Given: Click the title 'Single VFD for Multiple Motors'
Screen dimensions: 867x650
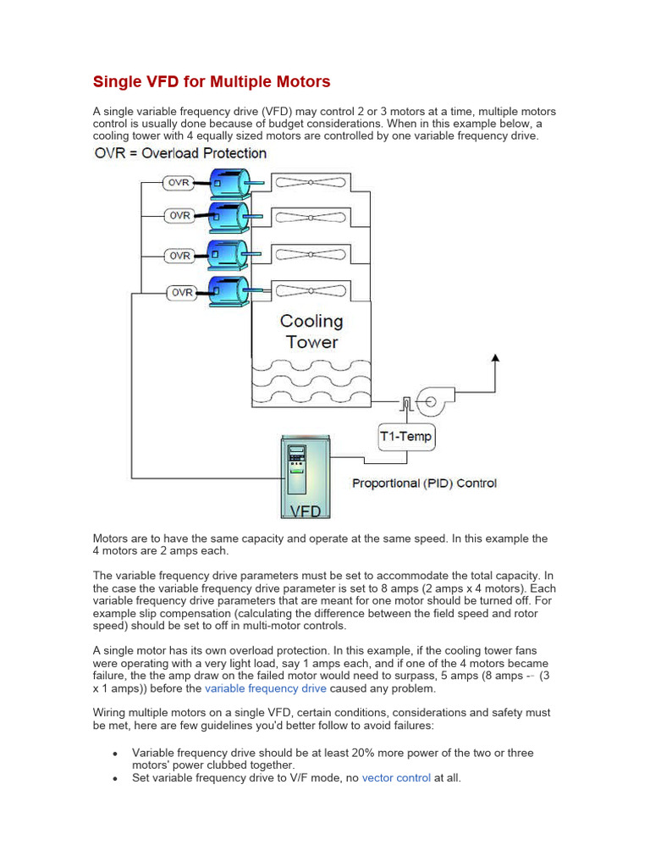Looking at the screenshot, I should (x=211, y=82).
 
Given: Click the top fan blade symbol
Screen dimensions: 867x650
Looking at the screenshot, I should (x=311, y=182).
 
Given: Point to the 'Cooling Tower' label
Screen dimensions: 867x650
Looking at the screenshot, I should (x=311, y=332).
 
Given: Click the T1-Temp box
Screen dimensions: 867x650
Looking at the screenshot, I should (x=405, y=438).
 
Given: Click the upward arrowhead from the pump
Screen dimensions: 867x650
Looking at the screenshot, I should (x=496, y=359).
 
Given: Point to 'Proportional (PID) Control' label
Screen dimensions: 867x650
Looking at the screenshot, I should (x=424, y=483).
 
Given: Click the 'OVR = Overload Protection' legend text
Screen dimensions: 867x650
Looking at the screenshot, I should (x=180, y=153).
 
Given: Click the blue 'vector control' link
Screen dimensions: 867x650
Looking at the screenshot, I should (x=396, y=777).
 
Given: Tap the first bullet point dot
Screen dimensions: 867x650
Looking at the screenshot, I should (x=113, y=754).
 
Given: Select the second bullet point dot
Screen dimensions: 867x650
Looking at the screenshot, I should (x=113, y=778).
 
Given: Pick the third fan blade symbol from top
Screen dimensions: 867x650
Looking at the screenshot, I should (x=311, y=254).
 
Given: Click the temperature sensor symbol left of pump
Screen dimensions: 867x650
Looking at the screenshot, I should (x=407, y=403).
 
